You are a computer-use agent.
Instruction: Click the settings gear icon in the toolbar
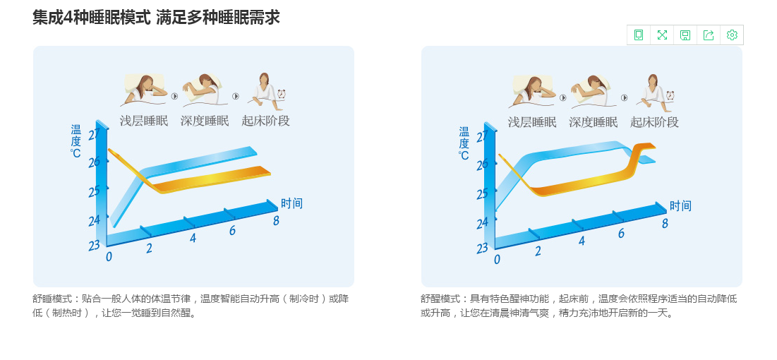pos(732,35)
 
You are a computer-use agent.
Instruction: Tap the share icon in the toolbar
pos(709,35)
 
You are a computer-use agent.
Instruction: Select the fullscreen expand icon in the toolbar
pos(662,35)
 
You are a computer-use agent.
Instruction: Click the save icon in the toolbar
pos(685,35)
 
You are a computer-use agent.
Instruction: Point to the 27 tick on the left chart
pos(94,135)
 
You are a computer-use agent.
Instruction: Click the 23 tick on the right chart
pos(482,248)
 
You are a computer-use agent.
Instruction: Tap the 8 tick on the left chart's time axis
pos(276,221)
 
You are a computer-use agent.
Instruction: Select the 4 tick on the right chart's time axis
pos(582,241)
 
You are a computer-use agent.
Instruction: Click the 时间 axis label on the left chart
pos(291,203)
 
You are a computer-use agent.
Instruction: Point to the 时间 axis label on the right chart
pos(680,206)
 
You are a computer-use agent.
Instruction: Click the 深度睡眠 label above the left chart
pos(205,121)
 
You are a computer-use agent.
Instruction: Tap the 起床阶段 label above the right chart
pos(655,122)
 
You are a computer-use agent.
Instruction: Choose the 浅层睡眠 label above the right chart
pos(532,122)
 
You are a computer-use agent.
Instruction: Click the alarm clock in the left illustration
pos(282,94)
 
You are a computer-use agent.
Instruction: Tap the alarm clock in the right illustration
pos(670,95)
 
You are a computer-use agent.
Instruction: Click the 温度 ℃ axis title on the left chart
pos(76,141)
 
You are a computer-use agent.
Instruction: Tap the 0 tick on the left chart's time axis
pos(109,256)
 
